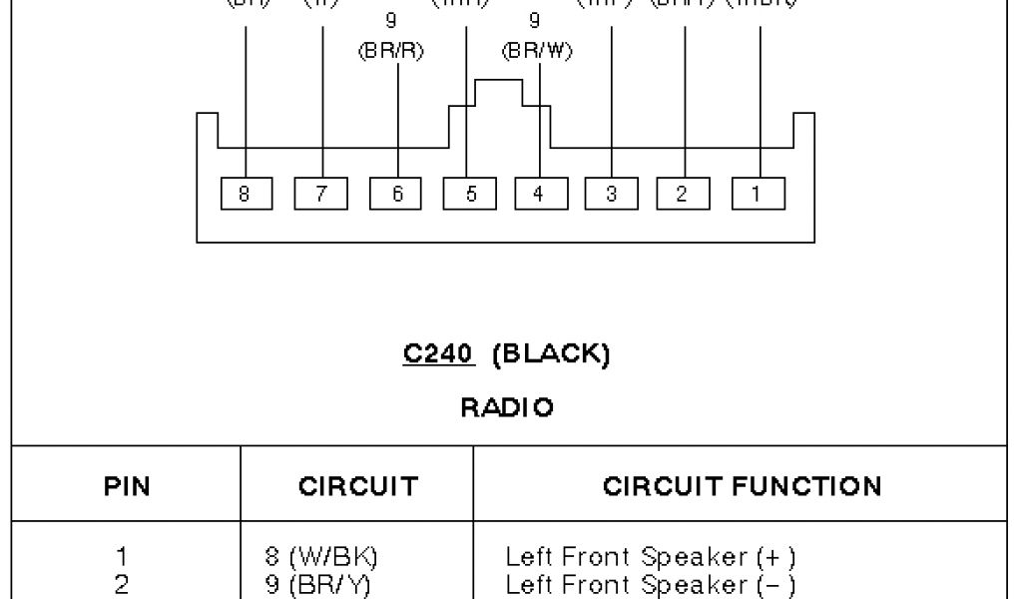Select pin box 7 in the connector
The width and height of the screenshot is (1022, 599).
(320, 194)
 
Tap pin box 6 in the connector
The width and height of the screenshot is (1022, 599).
(396, 194)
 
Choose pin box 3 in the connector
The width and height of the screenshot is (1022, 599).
(611, 194)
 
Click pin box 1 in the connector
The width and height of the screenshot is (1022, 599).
(758, 194)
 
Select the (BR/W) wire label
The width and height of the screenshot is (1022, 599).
(538, 52)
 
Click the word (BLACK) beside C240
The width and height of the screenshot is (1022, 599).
(551, 355)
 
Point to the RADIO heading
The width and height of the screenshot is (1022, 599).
(507, 408)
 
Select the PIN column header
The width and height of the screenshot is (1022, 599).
(127, 486)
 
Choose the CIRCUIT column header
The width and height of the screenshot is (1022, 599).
(357, 486)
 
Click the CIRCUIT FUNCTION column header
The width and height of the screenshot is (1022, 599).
(743, 486)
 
